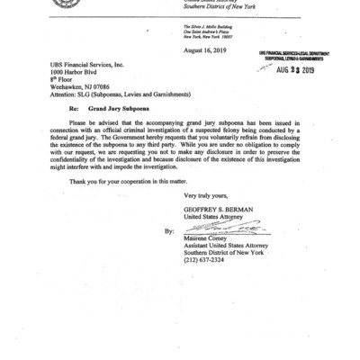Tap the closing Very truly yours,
tap(209, 220)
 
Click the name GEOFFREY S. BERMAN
tap(217, 235)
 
